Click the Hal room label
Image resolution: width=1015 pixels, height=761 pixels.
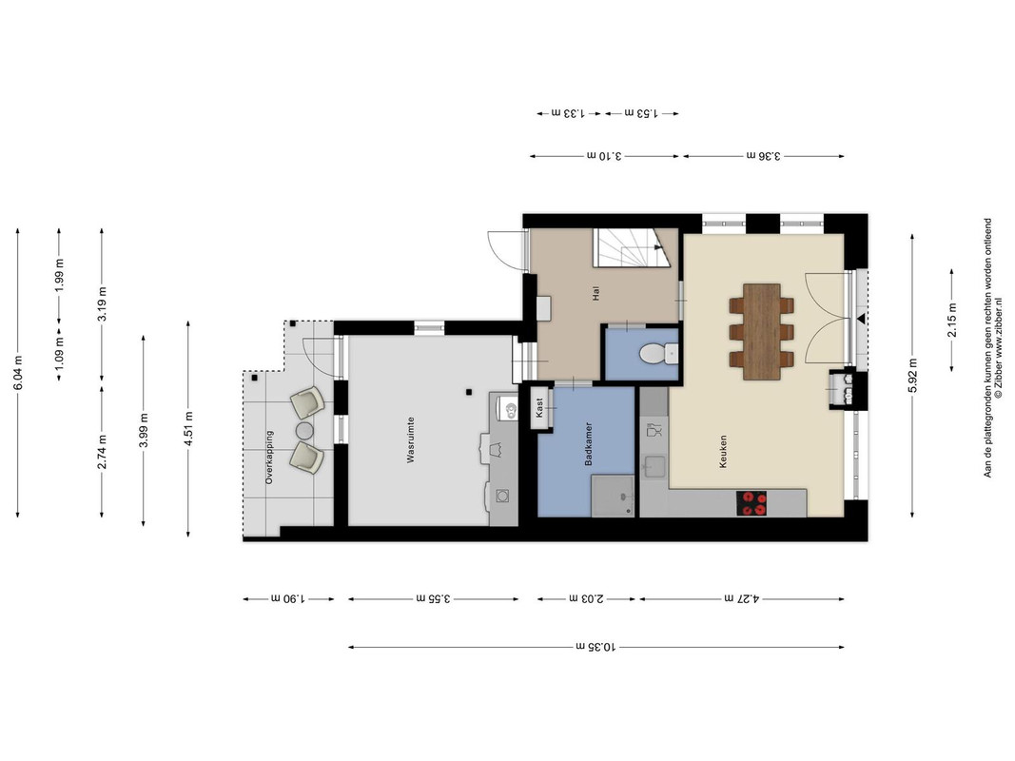(595, 294)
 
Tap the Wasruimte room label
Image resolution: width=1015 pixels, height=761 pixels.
(410, 440)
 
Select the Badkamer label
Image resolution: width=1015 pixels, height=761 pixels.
(589, 444)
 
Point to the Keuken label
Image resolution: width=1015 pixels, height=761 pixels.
(723, 451)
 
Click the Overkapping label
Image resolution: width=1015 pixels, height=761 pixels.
(269, 457)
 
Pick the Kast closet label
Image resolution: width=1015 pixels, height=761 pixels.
(539, 407)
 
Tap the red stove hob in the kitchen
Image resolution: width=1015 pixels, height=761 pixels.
(751, 503)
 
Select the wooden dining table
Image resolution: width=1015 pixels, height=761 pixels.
(761, 331)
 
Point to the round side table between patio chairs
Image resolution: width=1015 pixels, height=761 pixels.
(305, 430)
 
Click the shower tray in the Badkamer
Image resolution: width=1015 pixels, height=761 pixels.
(613, 496)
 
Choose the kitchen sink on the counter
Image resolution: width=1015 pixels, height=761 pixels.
(654, 466)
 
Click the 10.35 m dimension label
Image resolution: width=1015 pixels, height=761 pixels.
(596, 647)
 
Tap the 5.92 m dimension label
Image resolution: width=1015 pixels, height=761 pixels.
(912, 376)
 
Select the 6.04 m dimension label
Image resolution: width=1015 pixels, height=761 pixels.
(17, 374)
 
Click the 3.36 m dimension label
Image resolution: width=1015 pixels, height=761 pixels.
(763, 155)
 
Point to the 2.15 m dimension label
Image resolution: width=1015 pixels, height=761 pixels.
(951, 321)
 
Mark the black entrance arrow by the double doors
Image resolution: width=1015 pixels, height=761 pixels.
(862, 319)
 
